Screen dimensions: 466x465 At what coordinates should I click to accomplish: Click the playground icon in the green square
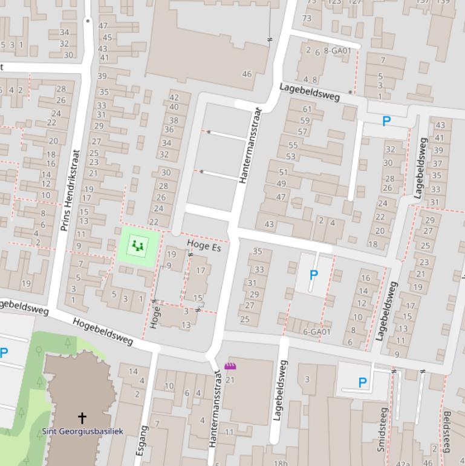click(x=139, y=246)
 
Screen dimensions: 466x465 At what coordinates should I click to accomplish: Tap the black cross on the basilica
click(x=82, y=417)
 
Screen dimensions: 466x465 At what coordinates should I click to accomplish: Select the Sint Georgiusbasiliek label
click(x=82, y=431)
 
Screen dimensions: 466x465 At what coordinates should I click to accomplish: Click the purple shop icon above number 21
click(x=230, y=366)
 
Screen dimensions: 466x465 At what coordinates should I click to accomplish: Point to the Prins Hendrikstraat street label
click(x=70, y=190)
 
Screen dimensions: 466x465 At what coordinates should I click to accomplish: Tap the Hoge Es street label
click(x=204, y=245)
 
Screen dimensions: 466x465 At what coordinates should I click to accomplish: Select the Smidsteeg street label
click(x=382, y=429)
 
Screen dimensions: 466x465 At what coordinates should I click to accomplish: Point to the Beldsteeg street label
click(x=447, y=431)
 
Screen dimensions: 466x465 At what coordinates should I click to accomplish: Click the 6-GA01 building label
click(x=317, y=332)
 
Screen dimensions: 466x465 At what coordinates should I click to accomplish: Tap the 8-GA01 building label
click(x=337, y=51)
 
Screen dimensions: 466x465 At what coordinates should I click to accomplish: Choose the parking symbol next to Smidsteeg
click(x=362, y=382)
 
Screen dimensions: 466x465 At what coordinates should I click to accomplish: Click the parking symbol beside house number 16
click(x=313, y=275)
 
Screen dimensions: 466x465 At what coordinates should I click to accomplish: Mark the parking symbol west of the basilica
click(x=4, y=352)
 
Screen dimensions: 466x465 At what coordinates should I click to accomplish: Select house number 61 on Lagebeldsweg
click(x=307, y=109)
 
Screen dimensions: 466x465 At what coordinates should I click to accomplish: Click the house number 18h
click(x=281, y=463)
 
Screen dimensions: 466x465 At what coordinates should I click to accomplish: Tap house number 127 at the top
click(x=354, y=2)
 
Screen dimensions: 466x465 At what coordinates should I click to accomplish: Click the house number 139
click(x=443, y=2)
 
